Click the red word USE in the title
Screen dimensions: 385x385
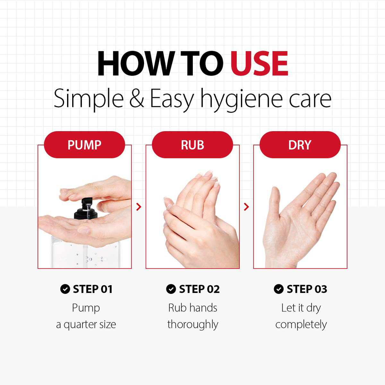[x=259, y=63]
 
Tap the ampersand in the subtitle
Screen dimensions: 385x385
[x=137, y=98]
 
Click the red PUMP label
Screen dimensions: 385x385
[x=84, y=145]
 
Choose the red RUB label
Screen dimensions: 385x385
[x=193, y=145]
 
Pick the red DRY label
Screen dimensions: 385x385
[x=300, y=145]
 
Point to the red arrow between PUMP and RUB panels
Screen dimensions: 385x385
[x=139, y=207]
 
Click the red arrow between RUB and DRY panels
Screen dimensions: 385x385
[x=246, y=207]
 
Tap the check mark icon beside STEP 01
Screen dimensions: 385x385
[x=65, y=289]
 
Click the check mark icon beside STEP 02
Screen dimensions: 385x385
[x=171, y=289]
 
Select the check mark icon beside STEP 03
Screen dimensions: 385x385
[x=279, y=289]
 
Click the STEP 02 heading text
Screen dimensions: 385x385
[x=199, y=289]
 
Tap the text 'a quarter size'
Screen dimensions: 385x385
[x=86, y=325]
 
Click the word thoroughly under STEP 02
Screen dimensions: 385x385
[x=193, y=324]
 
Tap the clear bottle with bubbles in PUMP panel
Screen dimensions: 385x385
[x=86, y=253]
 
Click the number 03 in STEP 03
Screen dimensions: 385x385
[x=321, y=289]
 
